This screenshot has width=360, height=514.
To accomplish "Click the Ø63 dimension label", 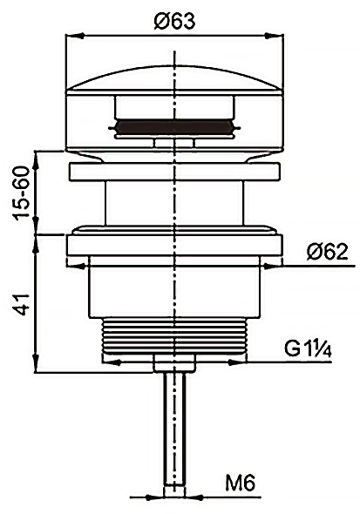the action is click(x=174, y=21).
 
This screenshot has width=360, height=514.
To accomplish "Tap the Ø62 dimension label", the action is click(x=327, y=252).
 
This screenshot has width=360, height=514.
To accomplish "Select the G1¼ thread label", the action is click(x=308, y=349).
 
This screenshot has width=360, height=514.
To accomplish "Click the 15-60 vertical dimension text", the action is click(x=23, y=192).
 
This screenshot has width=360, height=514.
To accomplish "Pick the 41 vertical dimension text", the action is click(x=23, y=305).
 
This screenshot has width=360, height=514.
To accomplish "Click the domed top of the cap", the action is click(x=174, y=78).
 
